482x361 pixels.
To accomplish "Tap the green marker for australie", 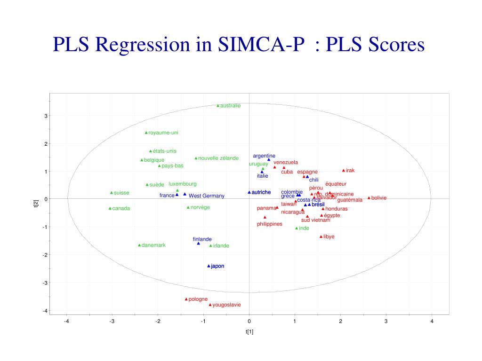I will pyautogui.click(x=218, y=106).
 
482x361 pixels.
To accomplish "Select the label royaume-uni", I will pyautogui.click(x=163, y=133).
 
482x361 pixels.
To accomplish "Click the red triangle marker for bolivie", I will pyautogui.click(x=369, y=198).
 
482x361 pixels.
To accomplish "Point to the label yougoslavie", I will pyautogui.click(x=226, y=305).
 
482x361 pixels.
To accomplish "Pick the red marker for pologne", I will pyautogui.click(x=186, y=299).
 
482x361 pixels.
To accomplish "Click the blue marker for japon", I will pyautogui.click(x=209, y=266).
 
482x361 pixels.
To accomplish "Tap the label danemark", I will pyautogui.click(x=153, y=245).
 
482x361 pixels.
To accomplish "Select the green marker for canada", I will pyautogui.click(x=110, y=208).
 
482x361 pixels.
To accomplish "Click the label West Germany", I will pyautogui.click(x=207, y=196).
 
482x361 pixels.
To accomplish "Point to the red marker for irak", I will pyautogui.click(x=344, y=170).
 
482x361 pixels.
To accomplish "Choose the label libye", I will pyautogui.click(x=329, y=236).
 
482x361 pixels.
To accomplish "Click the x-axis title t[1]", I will pyautogui.click(x=249, y=332).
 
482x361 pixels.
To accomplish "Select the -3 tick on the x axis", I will pyautogui.click(x=112, y=322).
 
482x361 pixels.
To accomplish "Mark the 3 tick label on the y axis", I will pyautogui.click(x=46, y=116).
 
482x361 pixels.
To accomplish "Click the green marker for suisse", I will pyautogui.click(x=112, y=193).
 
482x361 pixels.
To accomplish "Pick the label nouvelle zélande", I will pyautogui.click(x=218, y=158).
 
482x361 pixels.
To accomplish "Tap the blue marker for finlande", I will pyautogui.click(x=199, y=243).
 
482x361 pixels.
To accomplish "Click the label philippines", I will pyautogui.click(x=270, y=224).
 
